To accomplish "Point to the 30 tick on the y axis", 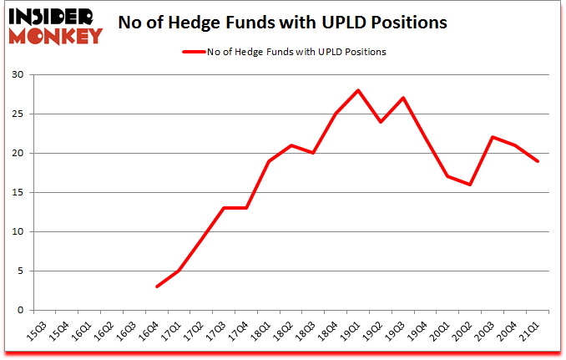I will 18,75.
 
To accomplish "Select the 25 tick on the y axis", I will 18,114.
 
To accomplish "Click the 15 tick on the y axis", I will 18,193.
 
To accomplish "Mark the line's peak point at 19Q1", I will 358,90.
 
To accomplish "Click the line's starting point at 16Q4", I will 157,286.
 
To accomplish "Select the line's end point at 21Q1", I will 538,161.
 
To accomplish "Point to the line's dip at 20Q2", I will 470,185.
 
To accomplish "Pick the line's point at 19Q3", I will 403,98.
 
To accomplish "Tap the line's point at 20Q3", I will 493,137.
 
